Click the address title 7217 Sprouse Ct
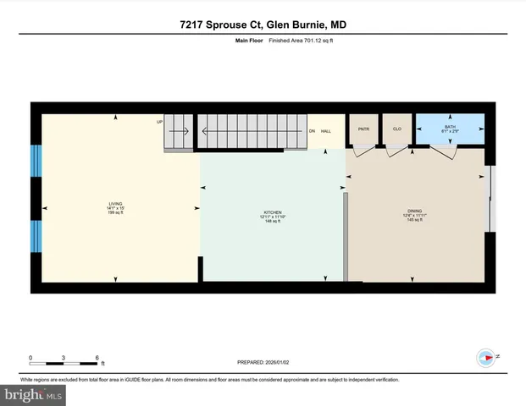click(x=263, y=25)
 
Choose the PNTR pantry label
click(x=364, y=129)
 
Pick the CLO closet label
click(x=396, y=129)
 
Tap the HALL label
click(x=326, y=130)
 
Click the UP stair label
click(x=159, y=122)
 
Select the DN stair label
click(x=312, y=130)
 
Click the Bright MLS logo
click(x=34, y=395)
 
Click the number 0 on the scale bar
click(x=31, y=356)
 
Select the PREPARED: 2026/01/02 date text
click(x=263, y=363)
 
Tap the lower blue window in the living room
click(x=36, y=236)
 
